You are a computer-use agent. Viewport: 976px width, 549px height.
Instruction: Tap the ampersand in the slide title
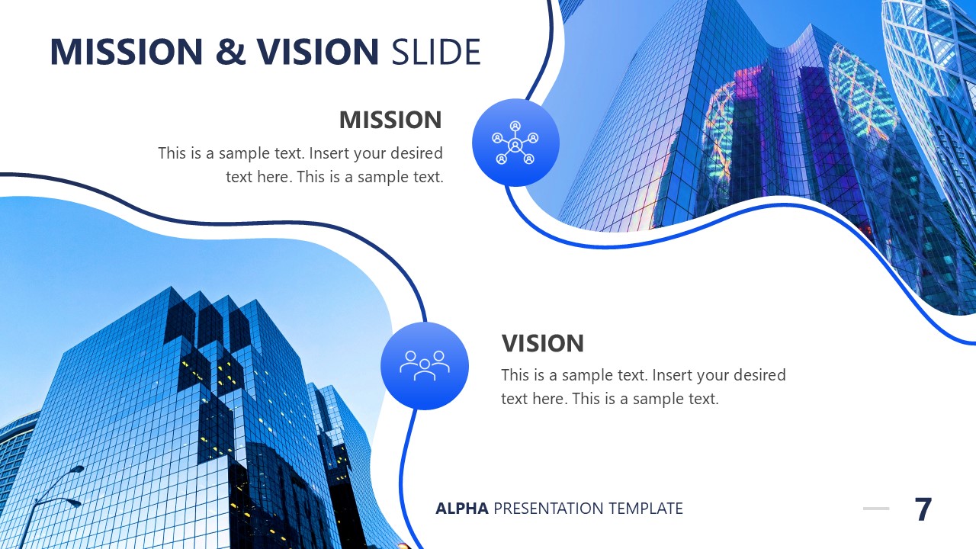(x=231, y=51)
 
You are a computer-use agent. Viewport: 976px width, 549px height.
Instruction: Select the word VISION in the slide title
(x=317, y=51)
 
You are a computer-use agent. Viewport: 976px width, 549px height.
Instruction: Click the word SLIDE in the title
(x=435, y=51)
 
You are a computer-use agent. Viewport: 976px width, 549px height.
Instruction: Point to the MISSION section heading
(x=390, y=120)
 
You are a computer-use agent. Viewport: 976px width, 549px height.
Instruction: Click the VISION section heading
(x=542, y=343)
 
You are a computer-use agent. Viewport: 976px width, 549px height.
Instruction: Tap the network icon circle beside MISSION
(x=515, y=143)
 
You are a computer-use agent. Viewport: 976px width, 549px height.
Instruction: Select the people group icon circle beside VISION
(x=425, y=366)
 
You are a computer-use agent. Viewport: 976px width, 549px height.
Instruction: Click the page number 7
(x=923, y=509)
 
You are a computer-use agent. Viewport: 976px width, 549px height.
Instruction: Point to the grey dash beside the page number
(x=876, y=509)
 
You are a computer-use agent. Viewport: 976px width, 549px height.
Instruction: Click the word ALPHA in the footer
(x=461, y=509)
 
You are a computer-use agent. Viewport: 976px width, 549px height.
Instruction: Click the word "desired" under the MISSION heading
(x=416, y=153)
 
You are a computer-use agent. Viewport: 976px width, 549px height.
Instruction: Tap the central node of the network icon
(x=515, y=144)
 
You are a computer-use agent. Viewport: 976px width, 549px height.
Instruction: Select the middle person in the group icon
(x=425, y=368)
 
